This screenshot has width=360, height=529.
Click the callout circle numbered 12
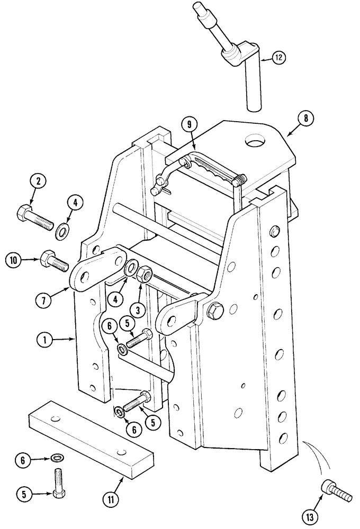click(280, 57)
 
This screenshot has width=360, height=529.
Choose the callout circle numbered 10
click(14, 260)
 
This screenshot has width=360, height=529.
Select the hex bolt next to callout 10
click(53, 260)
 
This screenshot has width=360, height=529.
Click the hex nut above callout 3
click(145, 275)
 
